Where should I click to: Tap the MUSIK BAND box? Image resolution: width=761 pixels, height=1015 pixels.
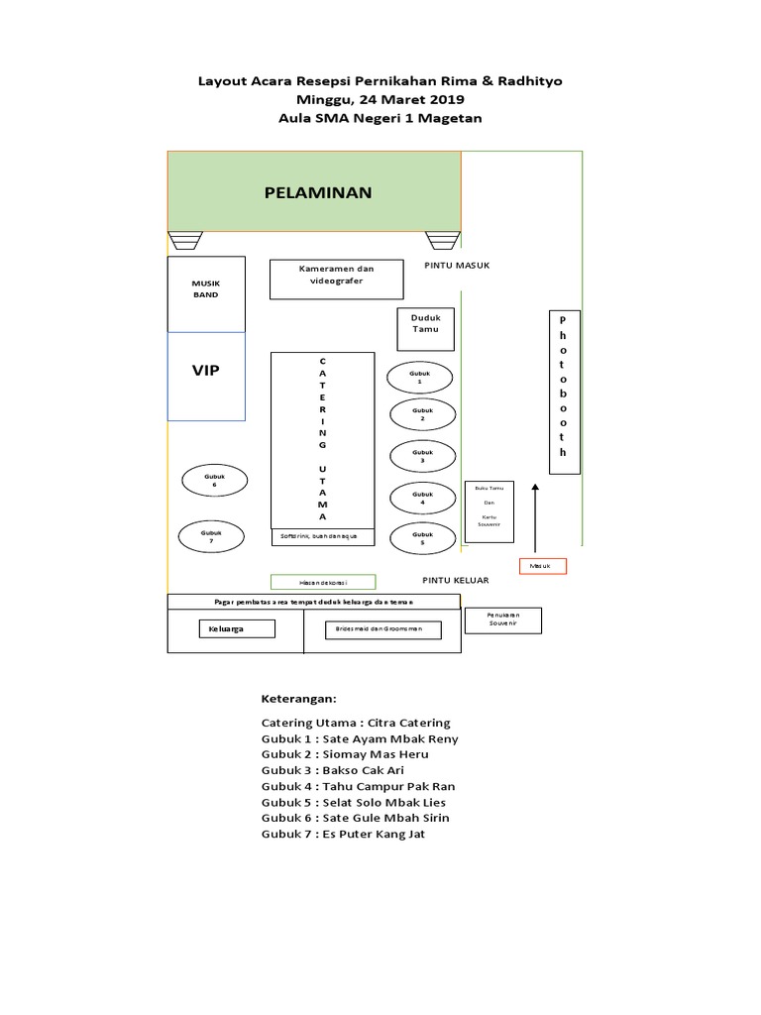tap(206, 294)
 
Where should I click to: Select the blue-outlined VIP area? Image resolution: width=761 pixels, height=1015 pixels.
tap(206, 376)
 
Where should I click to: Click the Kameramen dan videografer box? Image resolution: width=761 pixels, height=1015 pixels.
tap(336, 279)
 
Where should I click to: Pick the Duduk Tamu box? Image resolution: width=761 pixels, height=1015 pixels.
tap(425, 329)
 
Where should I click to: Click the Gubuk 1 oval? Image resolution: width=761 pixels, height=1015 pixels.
tap(420, 378)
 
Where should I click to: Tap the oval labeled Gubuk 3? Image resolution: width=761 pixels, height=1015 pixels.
tap(423, 456)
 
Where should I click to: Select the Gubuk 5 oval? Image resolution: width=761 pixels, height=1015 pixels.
tap(423, 538)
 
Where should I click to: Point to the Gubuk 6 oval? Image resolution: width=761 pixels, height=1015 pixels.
tap(214, 481)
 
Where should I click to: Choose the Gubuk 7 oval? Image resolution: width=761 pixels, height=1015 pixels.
tap(211, 536)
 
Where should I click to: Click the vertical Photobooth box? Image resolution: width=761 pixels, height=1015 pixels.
tap(564, 392)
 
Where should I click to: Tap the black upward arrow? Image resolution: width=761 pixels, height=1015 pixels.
tap(535, 516)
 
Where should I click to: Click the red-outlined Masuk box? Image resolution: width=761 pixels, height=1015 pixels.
tap(543, 566)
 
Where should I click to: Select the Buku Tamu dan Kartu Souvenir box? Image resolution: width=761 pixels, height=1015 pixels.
tap(489, 511)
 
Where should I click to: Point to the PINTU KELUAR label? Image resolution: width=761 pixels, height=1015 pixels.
tap(456, 580)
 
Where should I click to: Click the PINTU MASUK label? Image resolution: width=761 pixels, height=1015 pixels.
tap(457, 266)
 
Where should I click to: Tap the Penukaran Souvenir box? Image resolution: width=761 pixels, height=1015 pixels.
tap(503, 620)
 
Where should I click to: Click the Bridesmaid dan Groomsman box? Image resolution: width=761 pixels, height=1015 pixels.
tap(380, 629)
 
